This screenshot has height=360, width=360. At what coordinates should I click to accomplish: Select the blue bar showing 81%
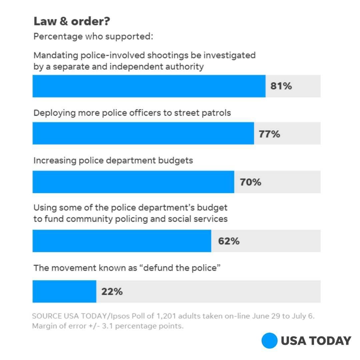click(149, 86)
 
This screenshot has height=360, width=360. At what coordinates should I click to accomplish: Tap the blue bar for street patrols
click(143, 133)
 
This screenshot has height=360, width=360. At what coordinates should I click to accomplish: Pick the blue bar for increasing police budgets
click(133, 182)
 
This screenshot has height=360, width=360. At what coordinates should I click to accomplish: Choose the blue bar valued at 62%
click(122, 241)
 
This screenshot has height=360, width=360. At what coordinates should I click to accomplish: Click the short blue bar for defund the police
click(64, 292)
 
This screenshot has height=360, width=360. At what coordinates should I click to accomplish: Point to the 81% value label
click(281, 86)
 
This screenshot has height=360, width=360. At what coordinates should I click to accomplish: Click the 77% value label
click(269, 134)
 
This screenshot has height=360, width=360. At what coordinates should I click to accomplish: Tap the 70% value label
click(250, 182)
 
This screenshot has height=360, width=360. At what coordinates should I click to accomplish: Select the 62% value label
click(229, 241)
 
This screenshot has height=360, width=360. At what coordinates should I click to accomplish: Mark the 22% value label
click(112, 292)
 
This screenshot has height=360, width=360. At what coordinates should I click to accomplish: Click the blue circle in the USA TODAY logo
click(269, 341)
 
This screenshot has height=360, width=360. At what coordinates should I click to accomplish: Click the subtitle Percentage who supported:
click(93, 36)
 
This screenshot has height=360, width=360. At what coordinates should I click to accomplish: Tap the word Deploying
click(54, 113)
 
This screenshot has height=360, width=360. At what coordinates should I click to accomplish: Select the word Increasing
click(55, 161)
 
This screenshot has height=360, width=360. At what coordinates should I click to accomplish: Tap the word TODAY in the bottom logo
click(330, 341)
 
